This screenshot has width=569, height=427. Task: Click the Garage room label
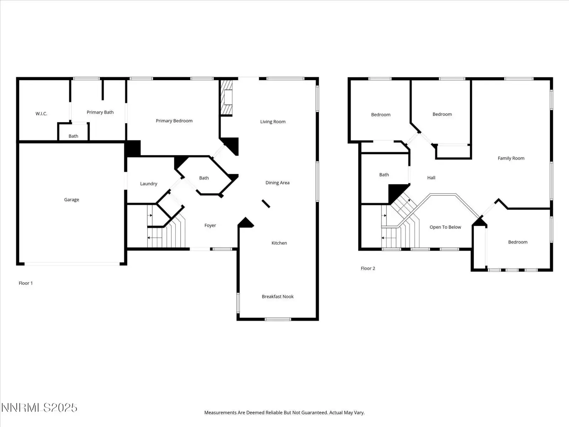coord(71,200)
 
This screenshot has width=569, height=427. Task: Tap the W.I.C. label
coord(41,114)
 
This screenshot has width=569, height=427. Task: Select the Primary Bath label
coord(100,112)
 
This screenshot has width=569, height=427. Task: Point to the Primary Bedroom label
coord(174,121)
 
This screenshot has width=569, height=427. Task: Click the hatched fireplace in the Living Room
coord(226,97)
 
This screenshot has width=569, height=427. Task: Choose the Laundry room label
coord(149,184)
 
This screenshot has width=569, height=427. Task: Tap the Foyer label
coord(210,226)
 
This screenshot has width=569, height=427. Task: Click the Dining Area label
coord(277,183)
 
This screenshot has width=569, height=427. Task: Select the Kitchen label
coord(279,243)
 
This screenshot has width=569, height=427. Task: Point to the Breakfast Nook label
coord(278,297)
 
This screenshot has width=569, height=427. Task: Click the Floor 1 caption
coord(26,283)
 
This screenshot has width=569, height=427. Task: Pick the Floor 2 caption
coord(368,268)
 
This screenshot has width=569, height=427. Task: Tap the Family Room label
coord(511,158)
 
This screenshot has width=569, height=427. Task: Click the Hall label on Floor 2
coord(431,178)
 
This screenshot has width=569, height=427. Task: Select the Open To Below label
coord(445,227)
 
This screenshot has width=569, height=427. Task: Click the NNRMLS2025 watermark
coord(39,408)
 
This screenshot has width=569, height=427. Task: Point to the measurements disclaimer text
coord(284,412)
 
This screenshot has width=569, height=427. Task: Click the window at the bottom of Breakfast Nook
coord(278,319)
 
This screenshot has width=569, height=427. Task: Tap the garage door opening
coord(72,264)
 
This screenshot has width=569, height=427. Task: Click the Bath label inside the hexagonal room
coord(204,178)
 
